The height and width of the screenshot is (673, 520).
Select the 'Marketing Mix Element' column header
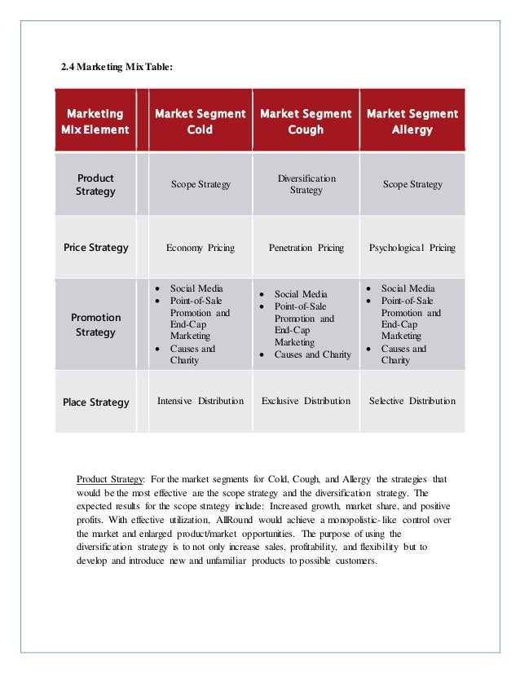pos(95,121)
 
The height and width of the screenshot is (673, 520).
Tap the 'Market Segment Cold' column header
pos(200,121)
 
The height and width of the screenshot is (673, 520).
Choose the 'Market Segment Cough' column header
pos(306,121)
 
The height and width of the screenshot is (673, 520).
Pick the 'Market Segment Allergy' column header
pos(412,121)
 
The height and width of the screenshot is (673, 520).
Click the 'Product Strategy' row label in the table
pos(95,184)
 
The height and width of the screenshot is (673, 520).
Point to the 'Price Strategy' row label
pos(95,247)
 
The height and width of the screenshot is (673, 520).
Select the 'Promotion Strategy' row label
pos(95,324)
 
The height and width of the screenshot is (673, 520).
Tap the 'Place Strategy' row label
pos(95,402)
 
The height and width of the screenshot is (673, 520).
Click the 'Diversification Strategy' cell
pos(306,184)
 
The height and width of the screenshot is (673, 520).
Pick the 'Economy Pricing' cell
pos(200,248)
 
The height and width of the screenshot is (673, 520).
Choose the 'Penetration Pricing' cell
pos(306,248)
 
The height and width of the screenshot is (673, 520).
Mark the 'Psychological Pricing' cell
pos(412,248)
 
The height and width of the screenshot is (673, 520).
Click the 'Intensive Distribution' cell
pos(200,401)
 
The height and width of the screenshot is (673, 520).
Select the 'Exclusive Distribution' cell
pos(306,401)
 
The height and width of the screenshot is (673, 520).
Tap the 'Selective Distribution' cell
pos(412,401)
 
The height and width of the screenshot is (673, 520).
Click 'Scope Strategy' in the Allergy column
pos(412,184)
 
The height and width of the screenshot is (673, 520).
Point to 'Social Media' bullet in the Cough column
pos(301,294)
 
